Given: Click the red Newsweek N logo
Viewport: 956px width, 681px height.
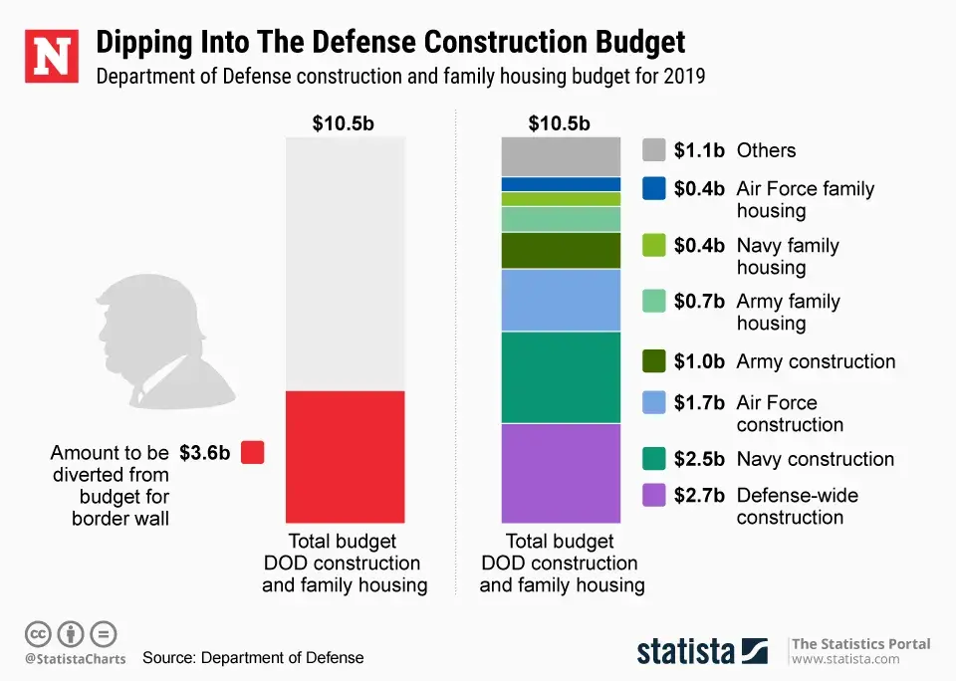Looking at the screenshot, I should pos(51,57).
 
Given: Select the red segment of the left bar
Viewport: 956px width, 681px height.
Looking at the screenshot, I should pos(345,457).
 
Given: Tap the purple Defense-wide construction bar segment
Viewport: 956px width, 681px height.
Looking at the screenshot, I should pos(561,473).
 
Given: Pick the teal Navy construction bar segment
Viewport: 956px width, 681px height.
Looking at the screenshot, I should pos(561,377).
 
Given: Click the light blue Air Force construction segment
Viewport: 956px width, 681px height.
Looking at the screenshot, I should pos(561,300).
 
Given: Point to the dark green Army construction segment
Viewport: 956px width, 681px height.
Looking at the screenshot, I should pos(561,250).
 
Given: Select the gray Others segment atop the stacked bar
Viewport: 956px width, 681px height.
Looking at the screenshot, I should pos(561,156).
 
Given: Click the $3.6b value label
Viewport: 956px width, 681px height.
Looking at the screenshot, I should pos(205,452).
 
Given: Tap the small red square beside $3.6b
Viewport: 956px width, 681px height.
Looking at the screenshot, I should pos(253,452).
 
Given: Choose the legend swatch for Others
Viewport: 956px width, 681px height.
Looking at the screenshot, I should pos(654,150).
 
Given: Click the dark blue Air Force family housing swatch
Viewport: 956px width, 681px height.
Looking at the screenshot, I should pos(654,188).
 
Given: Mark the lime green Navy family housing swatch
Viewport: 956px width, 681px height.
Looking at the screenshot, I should pos(654,245).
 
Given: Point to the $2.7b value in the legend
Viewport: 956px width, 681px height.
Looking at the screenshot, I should pos(699,495).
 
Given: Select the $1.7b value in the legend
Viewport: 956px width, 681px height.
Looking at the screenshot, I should pos(699,403).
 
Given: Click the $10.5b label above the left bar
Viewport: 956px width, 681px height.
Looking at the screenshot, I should pos(344,124).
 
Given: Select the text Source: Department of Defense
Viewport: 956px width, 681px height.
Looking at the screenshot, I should pos(253,657).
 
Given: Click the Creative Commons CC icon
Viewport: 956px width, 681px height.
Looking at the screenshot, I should pos(39,633).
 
